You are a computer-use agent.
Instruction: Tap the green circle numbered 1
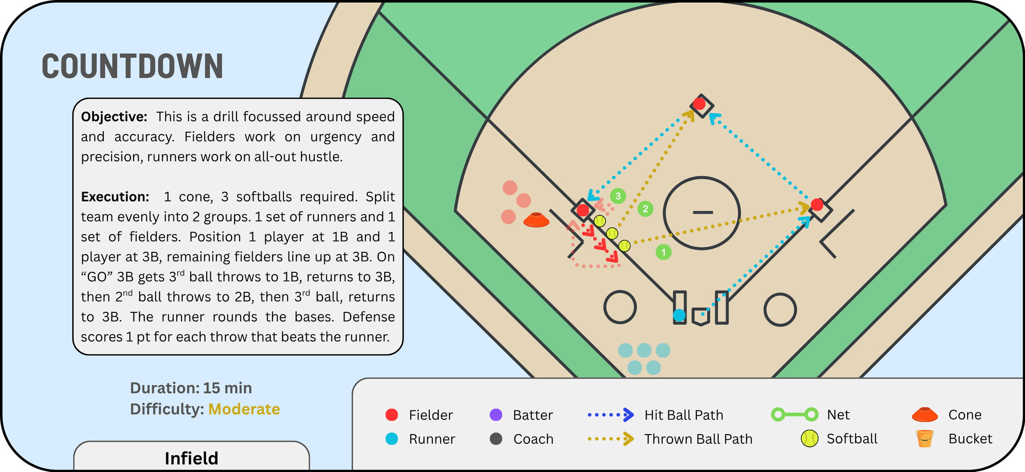click(x=663, y=252)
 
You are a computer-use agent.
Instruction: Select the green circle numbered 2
click(x=645, y=209)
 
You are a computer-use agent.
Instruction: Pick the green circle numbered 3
click(x=618, y=196)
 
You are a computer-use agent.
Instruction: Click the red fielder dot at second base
click(x=699, y=103)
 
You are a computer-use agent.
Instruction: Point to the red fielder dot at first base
click(x=817, y=204)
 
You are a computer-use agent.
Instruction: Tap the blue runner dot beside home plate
click(x=679, y=315)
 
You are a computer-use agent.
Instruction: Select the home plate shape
click(x=701, y=317)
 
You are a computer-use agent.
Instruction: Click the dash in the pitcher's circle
click(x=703, y=212)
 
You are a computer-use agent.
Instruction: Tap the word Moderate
click(x=244, y=409)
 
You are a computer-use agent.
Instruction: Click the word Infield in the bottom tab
click(x=191, y=458)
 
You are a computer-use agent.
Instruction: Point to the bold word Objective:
click(x=114, y=117)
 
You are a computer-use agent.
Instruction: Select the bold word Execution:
click(x=115, y=197)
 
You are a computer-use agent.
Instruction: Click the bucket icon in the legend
click(x=925, y=438)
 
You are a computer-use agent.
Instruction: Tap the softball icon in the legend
click(x=810, y=438)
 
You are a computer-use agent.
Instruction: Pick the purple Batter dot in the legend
click(x=496, y=415)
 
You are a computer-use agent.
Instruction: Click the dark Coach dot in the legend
click(x=496, y=439)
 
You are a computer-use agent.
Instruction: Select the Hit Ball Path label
click(x=684, y=415)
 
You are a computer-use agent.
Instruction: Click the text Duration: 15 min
click(x=191, y=388)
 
